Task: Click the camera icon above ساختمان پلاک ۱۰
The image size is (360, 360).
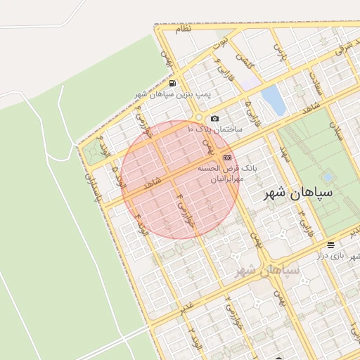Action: pos(214,118)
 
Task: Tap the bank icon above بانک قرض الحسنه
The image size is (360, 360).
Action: pos(226,158)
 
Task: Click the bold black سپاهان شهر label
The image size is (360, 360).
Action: pos(296,195)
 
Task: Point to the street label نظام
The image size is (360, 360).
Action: pos(183,30)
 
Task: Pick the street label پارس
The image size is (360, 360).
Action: pos(281,53)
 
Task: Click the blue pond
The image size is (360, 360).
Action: pos(274,101)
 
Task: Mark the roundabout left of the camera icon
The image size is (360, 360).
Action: pos(199,117)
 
